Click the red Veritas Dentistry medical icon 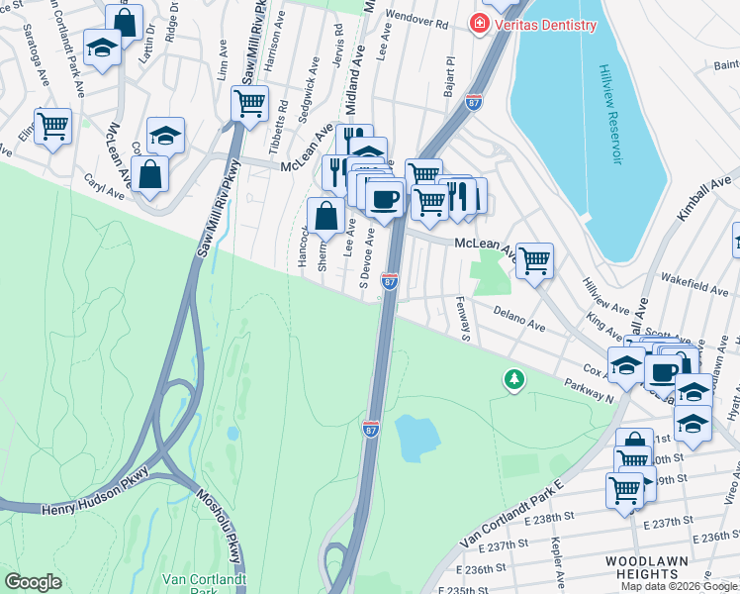click(x=479, y=22)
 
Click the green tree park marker click(x=513, y=378)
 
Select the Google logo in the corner click(x=33, y=582)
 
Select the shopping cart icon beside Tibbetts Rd click(x=250, y=102)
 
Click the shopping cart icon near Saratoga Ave click(x=52, y=126)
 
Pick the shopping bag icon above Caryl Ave click(x=149, y=174)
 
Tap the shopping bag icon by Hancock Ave click(x=325, y=215)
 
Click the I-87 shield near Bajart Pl click(x=475, y=101)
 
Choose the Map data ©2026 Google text click(x=679, y=586)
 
